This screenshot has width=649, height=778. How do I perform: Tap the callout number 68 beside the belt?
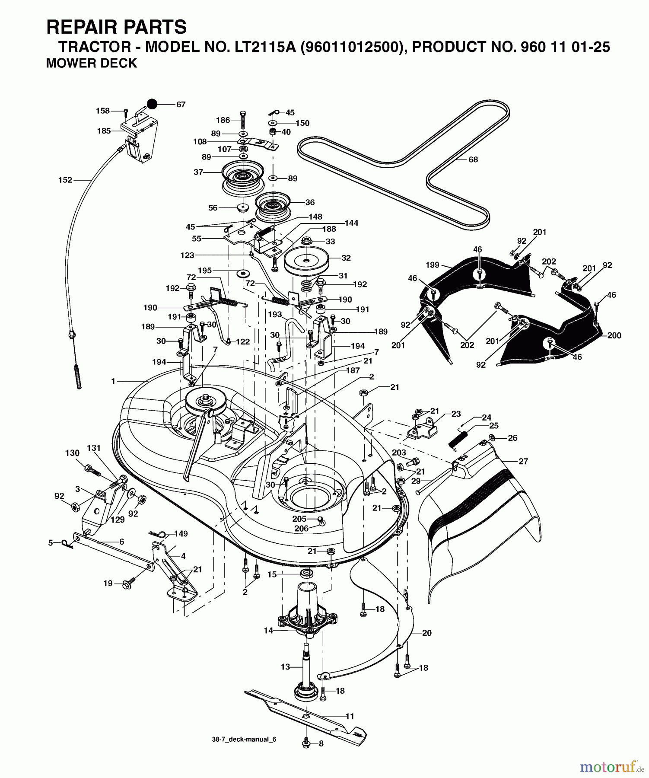click(x=473, y=159)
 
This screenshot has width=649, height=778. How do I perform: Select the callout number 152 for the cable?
click(x=65, y=180)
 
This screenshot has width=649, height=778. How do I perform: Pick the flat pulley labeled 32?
click(x=306, y=261)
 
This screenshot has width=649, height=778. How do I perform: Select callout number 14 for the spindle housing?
click(x=268, y=631)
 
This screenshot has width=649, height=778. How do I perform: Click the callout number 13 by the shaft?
click(x=285, y=666)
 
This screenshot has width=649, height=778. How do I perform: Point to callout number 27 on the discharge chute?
click(x=523, y=461)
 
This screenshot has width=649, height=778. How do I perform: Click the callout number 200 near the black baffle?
click(x=614, y=335)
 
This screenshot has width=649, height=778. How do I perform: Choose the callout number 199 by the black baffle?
click(x=432, y=265)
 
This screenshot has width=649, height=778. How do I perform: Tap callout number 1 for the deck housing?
click(x=113, y=381)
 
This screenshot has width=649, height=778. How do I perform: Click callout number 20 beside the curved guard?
click(x=426, y=633)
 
